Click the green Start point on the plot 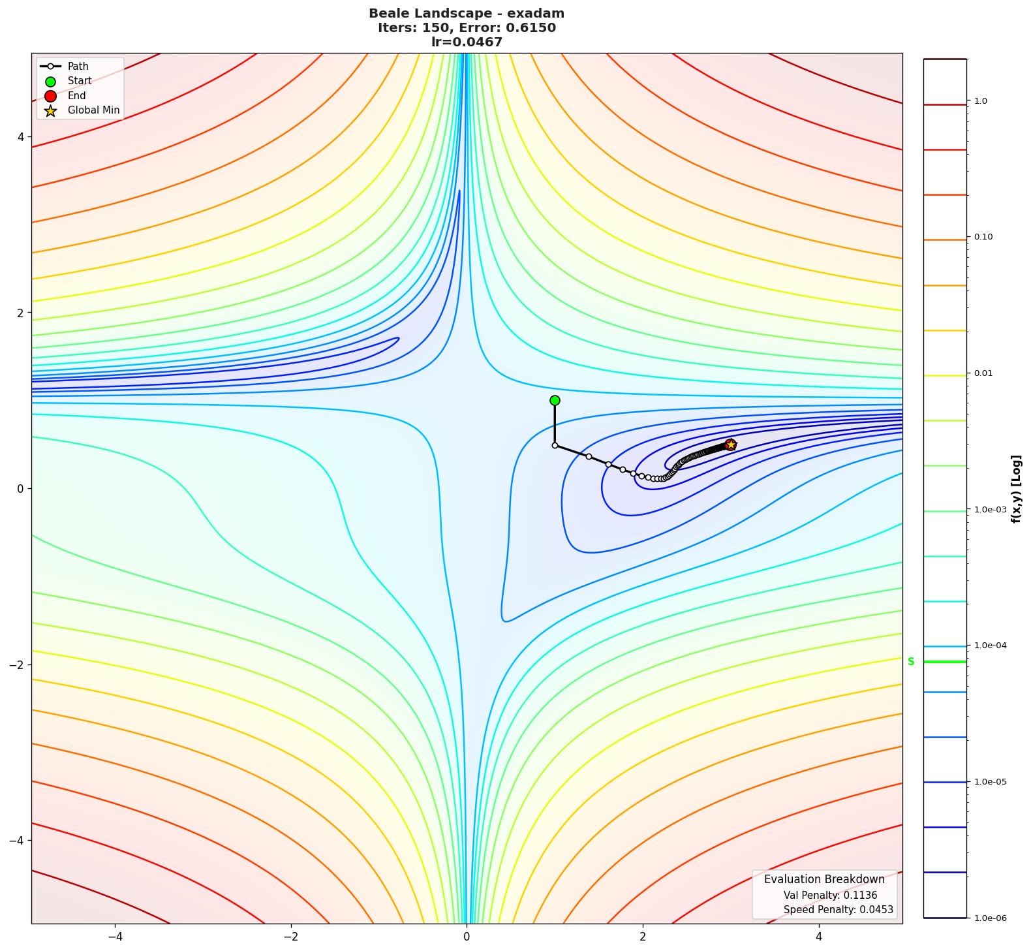pyautogui.click(x=555, y=400)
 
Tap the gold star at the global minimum pyautogui.click(x=731, y=444)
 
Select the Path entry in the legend pyautogui.click(x=78, y=66)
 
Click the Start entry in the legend pyautogui.click(x=80, y=81)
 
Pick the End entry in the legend pyautogui.click(x=76, y=95)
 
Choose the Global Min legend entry pyautogui.click(x=93, y=110)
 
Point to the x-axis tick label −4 pyautogui.click(x=115, y=937)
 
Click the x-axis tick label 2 pyautogui.click(x=643, y=937)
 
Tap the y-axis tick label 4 pyautogui.click(x=20, y=137)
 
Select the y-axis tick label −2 pyautogui.click(x=17, y=664)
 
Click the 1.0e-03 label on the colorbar pyautogui.click(x=990, y=510)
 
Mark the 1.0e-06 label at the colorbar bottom pyautogui.click(x=990, y=918)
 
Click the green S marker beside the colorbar pyautogui.click(x=911, y=661)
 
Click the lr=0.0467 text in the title pyautogui.click(x=467, y=42)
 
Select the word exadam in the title pyautogui.click(x=539, y=13)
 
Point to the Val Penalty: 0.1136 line pyautogui.click(x=830, y=896)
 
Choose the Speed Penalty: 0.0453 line pyautogui.click(x=838, y=909)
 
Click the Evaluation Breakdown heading pyautogui.click(x=824, y=879)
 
